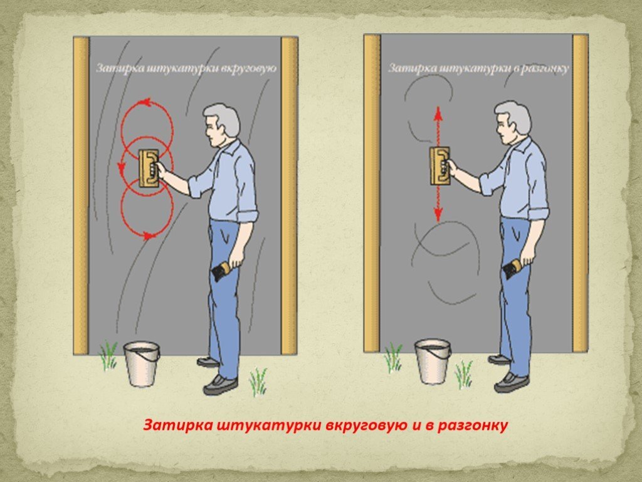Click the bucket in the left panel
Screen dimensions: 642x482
(142, 364)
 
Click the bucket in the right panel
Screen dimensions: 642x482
(433, 361)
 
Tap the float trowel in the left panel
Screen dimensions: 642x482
(148, 168)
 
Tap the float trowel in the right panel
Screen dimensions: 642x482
(439, 166)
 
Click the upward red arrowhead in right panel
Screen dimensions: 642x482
(438, 113)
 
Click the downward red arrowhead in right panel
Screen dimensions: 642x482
(438, 214)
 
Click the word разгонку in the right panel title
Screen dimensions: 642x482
(542, 68)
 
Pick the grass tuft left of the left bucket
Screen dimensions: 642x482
(108, 355)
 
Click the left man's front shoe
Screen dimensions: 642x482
(220, 385)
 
